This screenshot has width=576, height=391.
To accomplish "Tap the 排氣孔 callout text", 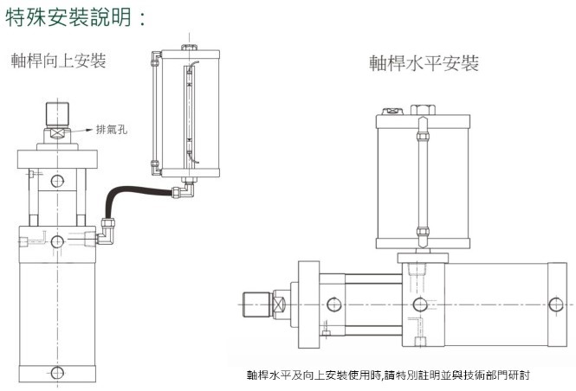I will click(113, 131).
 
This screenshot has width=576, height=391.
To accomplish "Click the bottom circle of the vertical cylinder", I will click(56, 373).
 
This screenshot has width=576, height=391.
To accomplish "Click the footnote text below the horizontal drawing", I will click(387, 376).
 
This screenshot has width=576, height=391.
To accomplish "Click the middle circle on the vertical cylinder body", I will click(56, 239).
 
